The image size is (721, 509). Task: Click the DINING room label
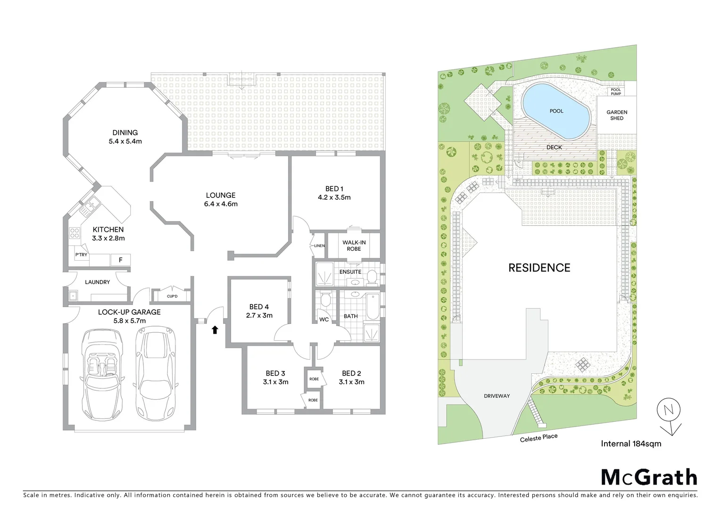[x=125, y=132]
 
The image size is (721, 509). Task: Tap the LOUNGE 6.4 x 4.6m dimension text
[x=221, y=204]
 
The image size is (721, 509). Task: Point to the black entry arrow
[x=215, y=330]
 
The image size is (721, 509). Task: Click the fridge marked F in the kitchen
[x=121, y=260]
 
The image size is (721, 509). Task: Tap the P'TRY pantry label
[x=81, y=255]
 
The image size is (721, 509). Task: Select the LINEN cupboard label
[x=319, y=246]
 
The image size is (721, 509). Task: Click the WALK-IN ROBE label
[x=354, y=246]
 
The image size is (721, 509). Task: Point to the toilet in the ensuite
[x=372, y=277]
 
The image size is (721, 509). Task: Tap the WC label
[x=324, y=319]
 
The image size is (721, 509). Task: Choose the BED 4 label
[x=259, y=307]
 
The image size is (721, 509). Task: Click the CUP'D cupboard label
[x=172, y=296]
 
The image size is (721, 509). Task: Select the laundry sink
[x=74, y=296]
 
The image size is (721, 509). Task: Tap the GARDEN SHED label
[x=616, y=115]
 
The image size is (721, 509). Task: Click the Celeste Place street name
[x=539, y=438]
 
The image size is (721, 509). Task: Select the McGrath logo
[x=648, y=477]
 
